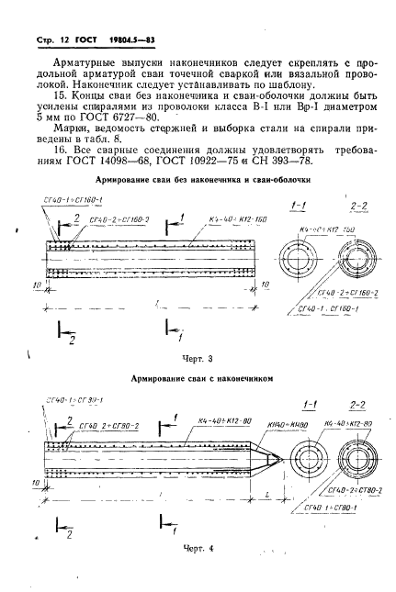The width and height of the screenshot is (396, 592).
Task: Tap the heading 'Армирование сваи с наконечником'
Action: tap(198, 377)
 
